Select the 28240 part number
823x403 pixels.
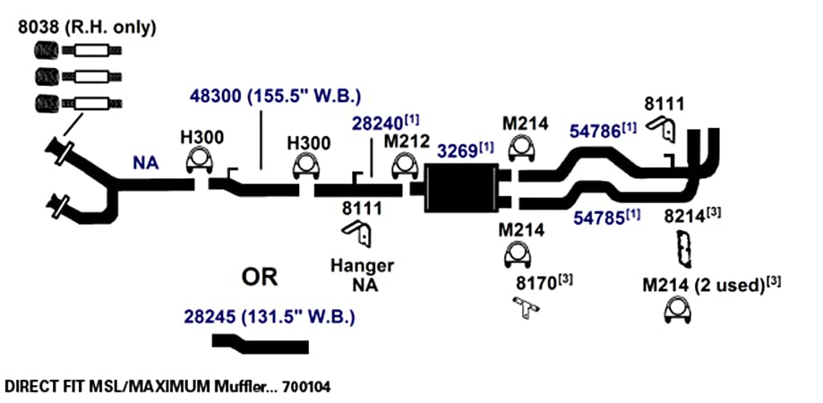pyautogui.click(x=377, y=123)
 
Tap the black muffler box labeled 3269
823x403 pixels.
pyautogui.click(x=461, y=188)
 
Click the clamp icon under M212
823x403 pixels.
pyautogui.click(x=404, y=165)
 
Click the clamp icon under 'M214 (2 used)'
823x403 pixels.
pyautogui.click(x=678, y=310)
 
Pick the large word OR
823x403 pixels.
pyautogui.click(x=260, y=277)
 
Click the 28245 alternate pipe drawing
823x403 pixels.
pyautogui.click(x=260, y=344)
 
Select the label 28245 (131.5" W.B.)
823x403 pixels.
pyautogui.click(x=270, y=317)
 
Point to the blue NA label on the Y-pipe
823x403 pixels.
pyautogui.click(x=145, y=164)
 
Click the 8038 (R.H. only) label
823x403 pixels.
pyautogui.click(x=87, y=27)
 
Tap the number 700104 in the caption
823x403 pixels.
pyautogui.click(x=306, y=387)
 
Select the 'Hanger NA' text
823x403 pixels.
pyautogui.click(x=362, y=275)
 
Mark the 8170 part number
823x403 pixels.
pyautogui.click(x=536, y=284)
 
